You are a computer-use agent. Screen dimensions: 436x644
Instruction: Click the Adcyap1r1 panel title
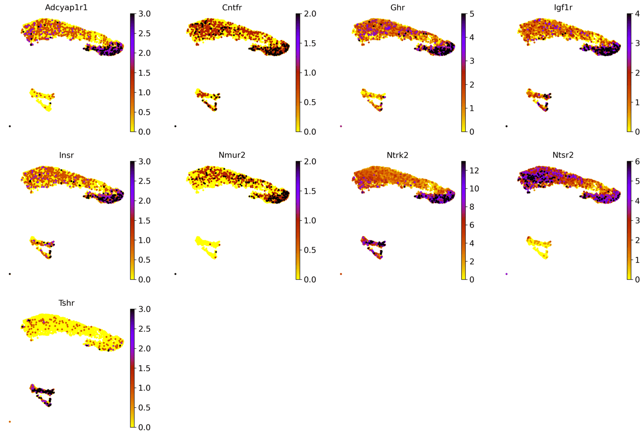(x=66, y=7)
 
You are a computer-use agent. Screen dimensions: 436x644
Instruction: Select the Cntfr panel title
(x=232, y=7)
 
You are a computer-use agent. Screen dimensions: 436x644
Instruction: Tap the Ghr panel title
(x=397, y=7)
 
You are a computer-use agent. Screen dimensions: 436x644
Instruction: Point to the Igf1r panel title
(x=563, y=7)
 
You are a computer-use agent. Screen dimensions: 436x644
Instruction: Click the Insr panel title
(x=66, y=155)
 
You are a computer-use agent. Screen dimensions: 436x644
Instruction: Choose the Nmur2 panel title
(x=232, y=155)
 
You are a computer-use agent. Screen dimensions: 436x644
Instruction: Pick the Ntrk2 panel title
(x=397, y=155)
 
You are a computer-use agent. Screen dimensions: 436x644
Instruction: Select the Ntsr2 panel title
(x=563, y=155)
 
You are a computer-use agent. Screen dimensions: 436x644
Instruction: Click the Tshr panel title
(x=66, y=303)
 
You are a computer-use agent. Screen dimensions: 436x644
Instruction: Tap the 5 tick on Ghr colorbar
(x=471, y=14)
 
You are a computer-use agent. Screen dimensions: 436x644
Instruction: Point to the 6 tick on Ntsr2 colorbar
(x=637, y=162)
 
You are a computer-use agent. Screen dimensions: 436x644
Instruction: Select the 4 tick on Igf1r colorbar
(x=637, y=14)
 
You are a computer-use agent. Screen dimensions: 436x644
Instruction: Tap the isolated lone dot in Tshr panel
(x=10, y=421)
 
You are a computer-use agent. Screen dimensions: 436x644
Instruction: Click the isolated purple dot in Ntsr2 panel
(x=506, y=274)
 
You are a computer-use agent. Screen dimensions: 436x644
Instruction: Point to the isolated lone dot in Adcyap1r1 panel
(x=10, y=126)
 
